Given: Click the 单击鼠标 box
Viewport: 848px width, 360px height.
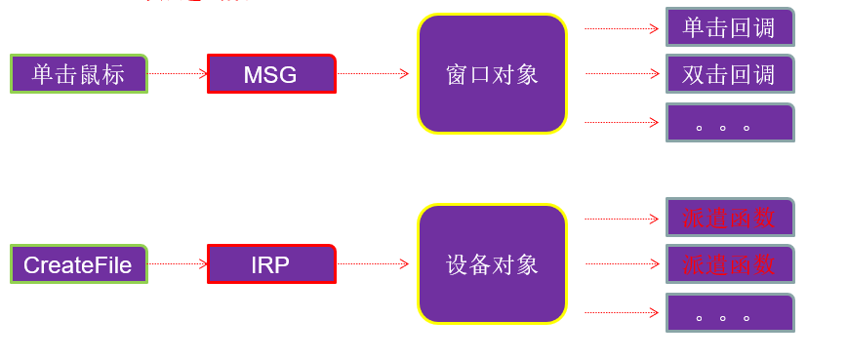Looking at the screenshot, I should click(78, 74).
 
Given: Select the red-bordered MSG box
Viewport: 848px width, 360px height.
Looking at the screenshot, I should click(271, 74).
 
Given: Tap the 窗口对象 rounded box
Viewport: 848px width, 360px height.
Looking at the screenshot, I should click(492, 74).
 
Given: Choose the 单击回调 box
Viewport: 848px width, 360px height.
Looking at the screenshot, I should click(730, 27).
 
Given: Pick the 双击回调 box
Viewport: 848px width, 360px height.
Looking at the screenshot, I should click(730, 74).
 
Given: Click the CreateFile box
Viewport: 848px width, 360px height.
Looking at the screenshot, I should click(78, 264).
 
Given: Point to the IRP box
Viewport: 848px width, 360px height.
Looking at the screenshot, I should click(271, 264).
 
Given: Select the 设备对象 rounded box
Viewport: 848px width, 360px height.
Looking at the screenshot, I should click(492, 264).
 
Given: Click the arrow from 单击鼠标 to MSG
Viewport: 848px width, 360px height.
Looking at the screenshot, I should click(178, 73).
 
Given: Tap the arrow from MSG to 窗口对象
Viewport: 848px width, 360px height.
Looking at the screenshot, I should click(374, 73).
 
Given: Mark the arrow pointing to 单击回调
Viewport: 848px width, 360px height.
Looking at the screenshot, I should click(622, 28).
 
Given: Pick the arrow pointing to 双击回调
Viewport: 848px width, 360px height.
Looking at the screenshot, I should click(622, 73).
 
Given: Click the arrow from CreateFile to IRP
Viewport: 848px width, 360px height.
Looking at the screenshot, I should click(178, 263).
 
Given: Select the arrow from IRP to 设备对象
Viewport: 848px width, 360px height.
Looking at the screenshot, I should click(374, 263).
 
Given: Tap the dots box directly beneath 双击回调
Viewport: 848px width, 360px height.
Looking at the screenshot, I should click(730, 123).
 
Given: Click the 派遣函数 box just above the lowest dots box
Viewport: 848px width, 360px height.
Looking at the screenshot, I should click(730, 264).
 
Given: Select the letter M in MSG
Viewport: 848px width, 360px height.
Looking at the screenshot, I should click(252, 75).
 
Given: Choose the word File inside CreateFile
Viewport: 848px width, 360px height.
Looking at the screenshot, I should click(111, 265).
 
